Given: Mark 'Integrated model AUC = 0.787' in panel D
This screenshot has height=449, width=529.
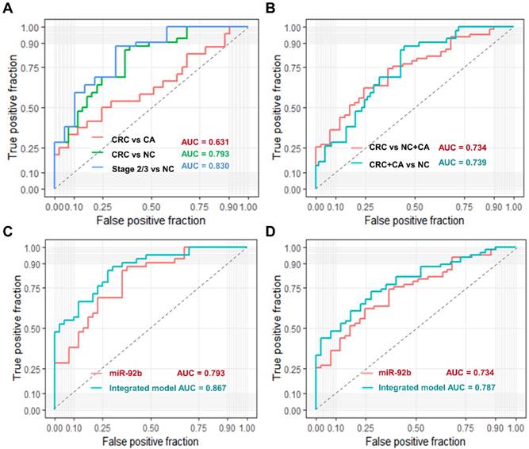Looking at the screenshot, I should click(427, 387).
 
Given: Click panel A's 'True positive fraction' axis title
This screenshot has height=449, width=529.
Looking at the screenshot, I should click(14, 107).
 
